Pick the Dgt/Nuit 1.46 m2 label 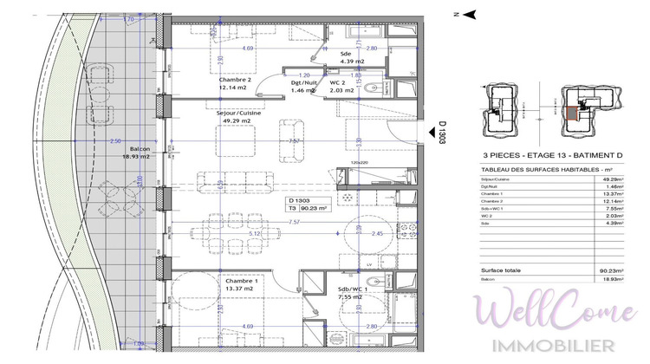302,86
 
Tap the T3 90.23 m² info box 309,205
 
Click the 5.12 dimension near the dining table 255,232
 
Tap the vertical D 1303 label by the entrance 442,135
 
